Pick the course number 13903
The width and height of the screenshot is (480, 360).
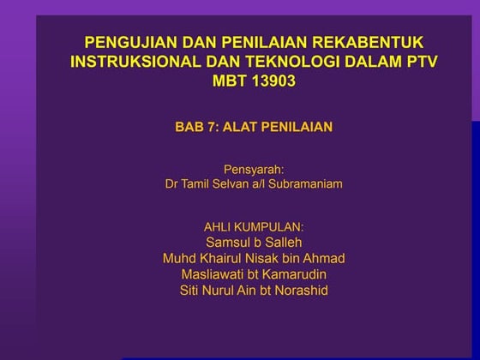coord(274,81)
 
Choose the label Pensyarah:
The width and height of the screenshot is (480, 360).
coord(253,169)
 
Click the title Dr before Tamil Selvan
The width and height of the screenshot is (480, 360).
coord(171,184)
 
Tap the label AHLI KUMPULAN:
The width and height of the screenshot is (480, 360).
coord(253,227)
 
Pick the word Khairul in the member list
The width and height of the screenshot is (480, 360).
coord(224,259)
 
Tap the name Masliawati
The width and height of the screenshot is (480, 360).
coord(213,274)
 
